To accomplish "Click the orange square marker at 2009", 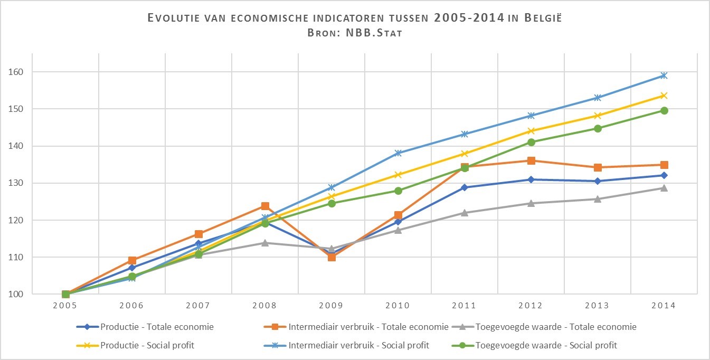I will [x=332, y=257].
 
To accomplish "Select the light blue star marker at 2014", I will [x=664, y=75].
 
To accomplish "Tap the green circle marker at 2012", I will [x=531, y=142].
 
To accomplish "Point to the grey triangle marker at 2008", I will [x=265, y=243].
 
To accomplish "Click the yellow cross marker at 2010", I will [x=398, y=175].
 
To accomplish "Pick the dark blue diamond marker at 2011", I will [x=465, y=187].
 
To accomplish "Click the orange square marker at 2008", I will [x=265, y=206].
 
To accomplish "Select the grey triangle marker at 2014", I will [x=664, y=188].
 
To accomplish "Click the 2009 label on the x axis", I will [x=332, y=306].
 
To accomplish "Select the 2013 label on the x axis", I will [x=598, y=306].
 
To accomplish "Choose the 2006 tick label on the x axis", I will [x=132, y=306].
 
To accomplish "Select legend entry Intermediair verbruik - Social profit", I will [x=358, y=345].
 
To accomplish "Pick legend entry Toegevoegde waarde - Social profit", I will [x=546, y=345].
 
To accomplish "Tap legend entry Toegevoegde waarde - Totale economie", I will [x=556, y=327].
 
